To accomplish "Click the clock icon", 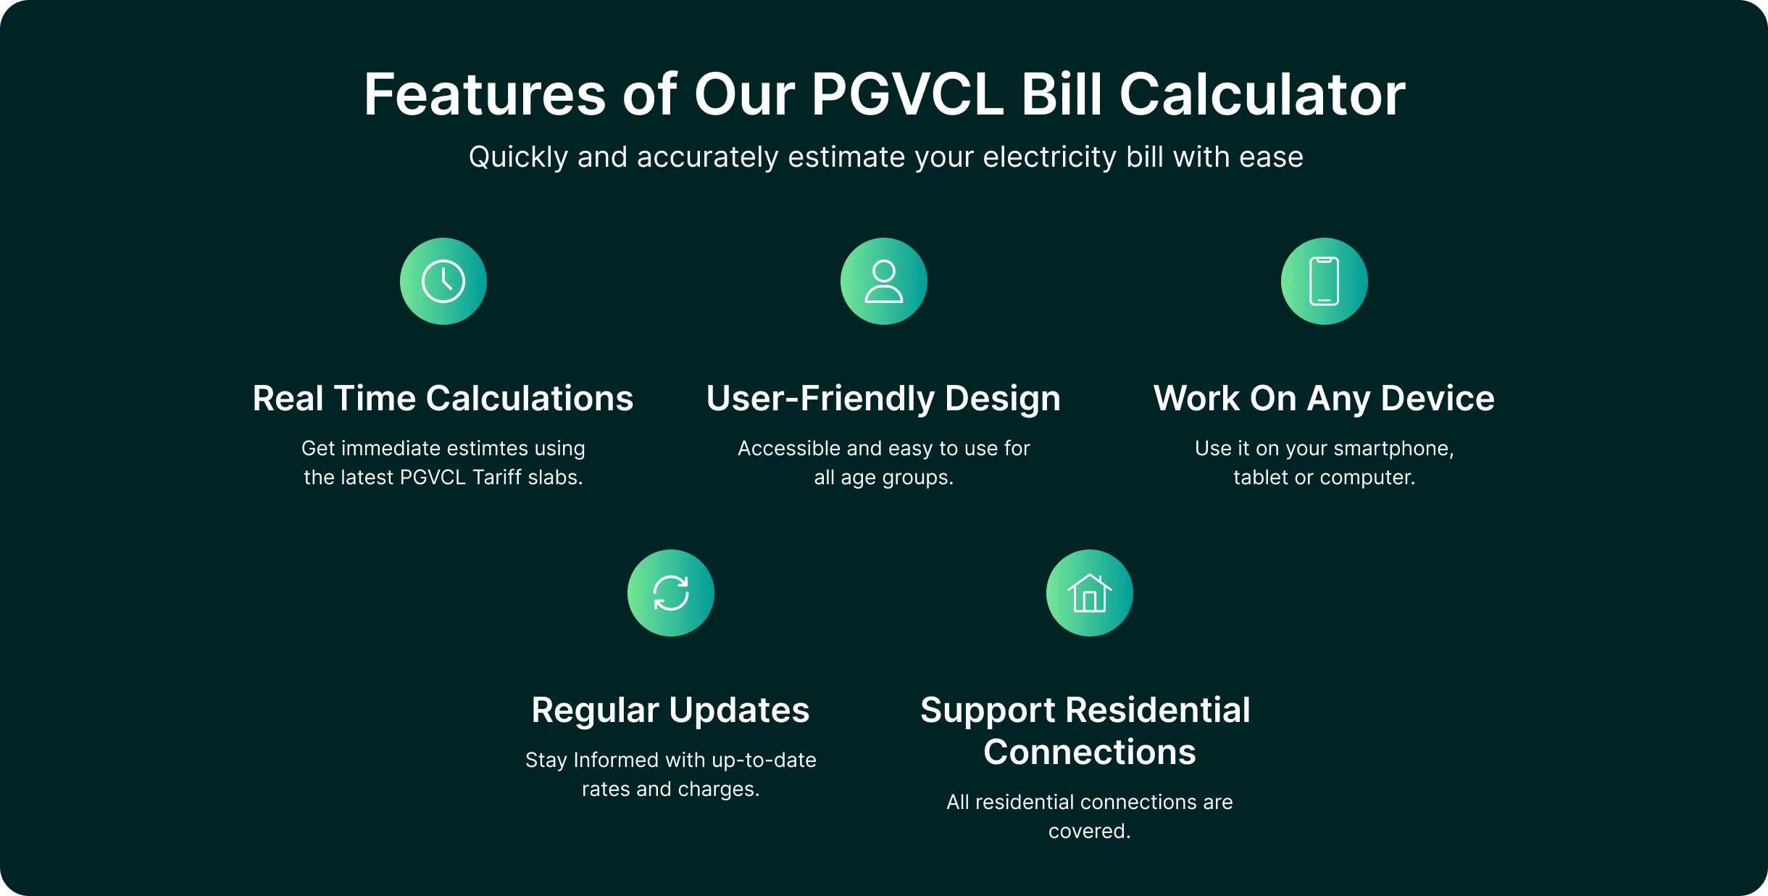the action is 443,281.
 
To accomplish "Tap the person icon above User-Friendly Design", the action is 884,281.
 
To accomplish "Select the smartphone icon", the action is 1325,281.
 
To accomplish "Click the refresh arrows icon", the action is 671,593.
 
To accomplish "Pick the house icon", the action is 1090,593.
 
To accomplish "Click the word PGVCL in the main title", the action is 908,94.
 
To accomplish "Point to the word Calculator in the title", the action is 1262,94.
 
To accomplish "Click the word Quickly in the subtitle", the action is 518,158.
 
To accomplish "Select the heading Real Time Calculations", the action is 443,398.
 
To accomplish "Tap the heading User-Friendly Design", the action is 884,399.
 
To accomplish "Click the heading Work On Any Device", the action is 1325,399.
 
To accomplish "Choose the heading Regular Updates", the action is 671,711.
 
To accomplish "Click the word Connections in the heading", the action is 1090,752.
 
